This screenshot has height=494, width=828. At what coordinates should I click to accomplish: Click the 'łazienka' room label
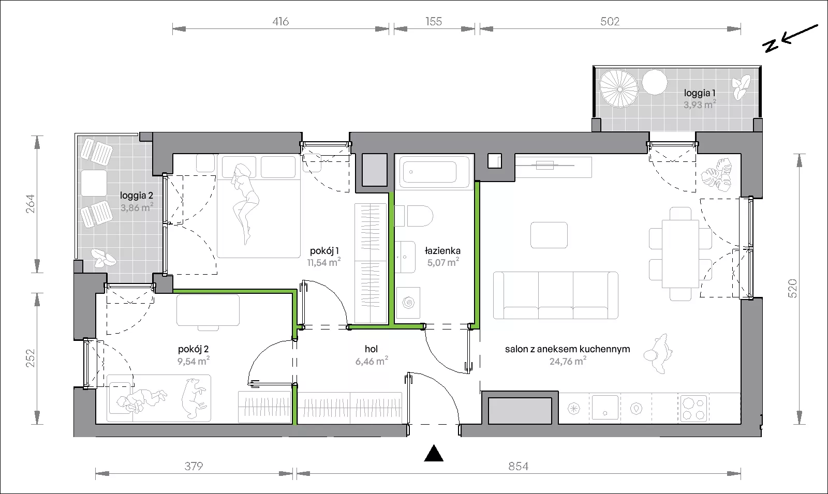pos(442,251)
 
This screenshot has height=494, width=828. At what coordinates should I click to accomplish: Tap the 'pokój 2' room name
pos(194,349)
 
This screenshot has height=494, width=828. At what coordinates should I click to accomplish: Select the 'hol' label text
pos(371,349)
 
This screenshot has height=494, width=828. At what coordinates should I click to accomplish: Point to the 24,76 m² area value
pos(568,361)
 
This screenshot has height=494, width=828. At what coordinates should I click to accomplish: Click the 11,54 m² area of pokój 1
pos(324,262)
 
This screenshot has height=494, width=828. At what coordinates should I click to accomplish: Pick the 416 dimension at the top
pos(280,22)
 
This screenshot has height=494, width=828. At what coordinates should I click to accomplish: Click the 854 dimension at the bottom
pos(518,466)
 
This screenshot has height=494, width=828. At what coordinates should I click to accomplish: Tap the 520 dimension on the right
pos(792,289)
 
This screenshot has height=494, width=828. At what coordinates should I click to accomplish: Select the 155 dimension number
pos(434,21)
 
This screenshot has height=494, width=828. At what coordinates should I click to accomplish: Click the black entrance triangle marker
pos(434,454)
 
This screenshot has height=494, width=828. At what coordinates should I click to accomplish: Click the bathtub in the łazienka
pos(434,172)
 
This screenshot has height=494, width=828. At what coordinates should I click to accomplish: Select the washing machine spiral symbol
pos(408,303)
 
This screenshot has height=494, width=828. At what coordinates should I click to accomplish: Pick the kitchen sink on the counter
pos(605,408)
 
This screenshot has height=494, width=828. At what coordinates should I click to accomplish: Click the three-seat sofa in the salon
pos(556,295)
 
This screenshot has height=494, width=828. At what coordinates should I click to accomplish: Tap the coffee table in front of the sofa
pos(549,235)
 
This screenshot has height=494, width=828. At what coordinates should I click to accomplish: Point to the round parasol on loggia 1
pos(619,88)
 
